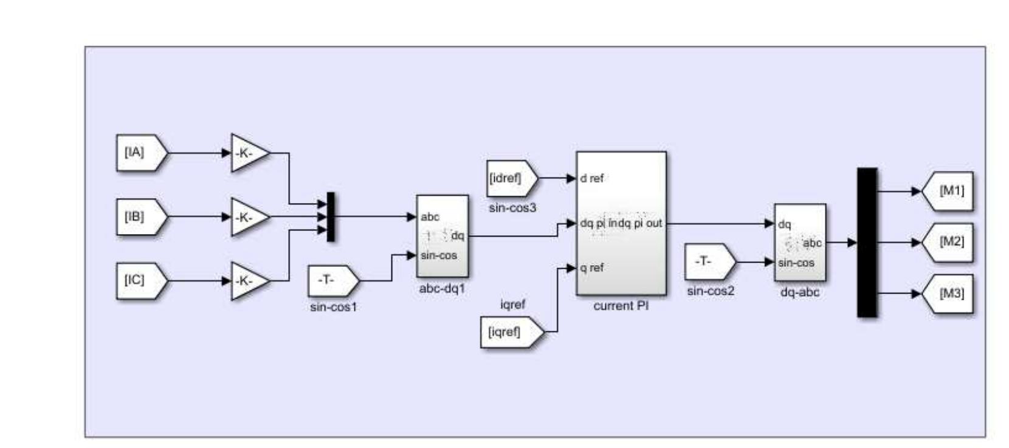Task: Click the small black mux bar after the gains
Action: (331, 217)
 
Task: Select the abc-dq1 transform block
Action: (442, 236)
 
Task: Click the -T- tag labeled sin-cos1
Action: (332, 280)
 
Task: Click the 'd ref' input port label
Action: (592, 179)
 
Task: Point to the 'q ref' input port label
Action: (592, 268)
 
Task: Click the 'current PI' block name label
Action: (621, 306)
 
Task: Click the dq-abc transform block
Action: (799, 243)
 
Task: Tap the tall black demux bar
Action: (867, 243)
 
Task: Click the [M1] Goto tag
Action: (948, 191)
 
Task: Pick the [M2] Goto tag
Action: (948, 242)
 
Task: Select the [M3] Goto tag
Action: (948, 294)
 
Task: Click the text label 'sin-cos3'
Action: (512, 208)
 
